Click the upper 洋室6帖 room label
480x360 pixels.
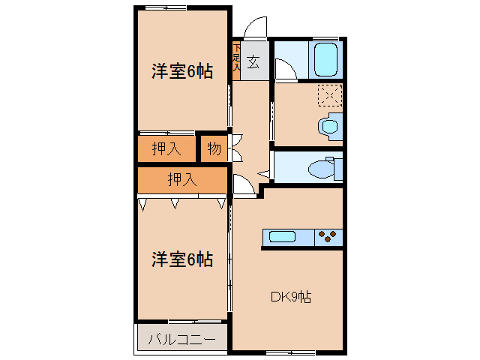click(x=181, y=72)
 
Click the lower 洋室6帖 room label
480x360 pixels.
click(x=181, y=259)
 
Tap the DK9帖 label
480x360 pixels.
click(x=291, y=297)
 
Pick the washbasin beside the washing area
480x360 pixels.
click(x=329, y=126)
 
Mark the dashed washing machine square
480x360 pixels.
click(x=330, y=96)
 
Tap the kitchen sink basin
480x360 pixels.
click(x=283, y=238)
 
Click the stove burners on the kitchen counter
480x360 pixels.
click(x=328, y=238)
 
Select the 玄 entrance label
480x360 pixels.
click(x=253, y=62)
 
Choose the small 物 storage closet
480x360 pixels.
click(x=214, y=148)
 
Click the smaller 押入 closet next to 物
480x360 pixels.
click(x=166, y=148)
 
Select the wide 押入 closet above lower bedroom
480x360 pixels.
click(x=182, y=179)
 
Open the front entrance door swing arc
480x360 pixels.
click(x=253, y=28)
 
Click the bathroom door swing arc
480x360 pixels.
click(x=284, y=70)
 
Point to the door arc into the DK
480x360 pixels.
click(x=243, y=184)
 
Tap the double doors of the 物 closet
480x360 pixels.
click(x=236, y=148)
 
